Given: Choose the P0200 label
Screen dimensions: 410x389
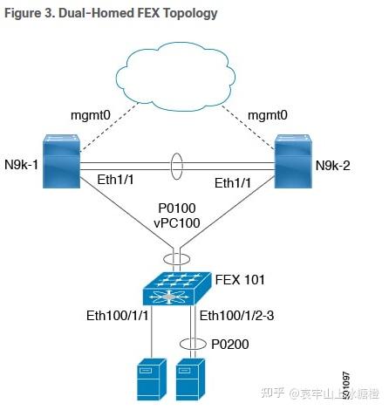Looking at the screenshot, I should click(x=231, y=344).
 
